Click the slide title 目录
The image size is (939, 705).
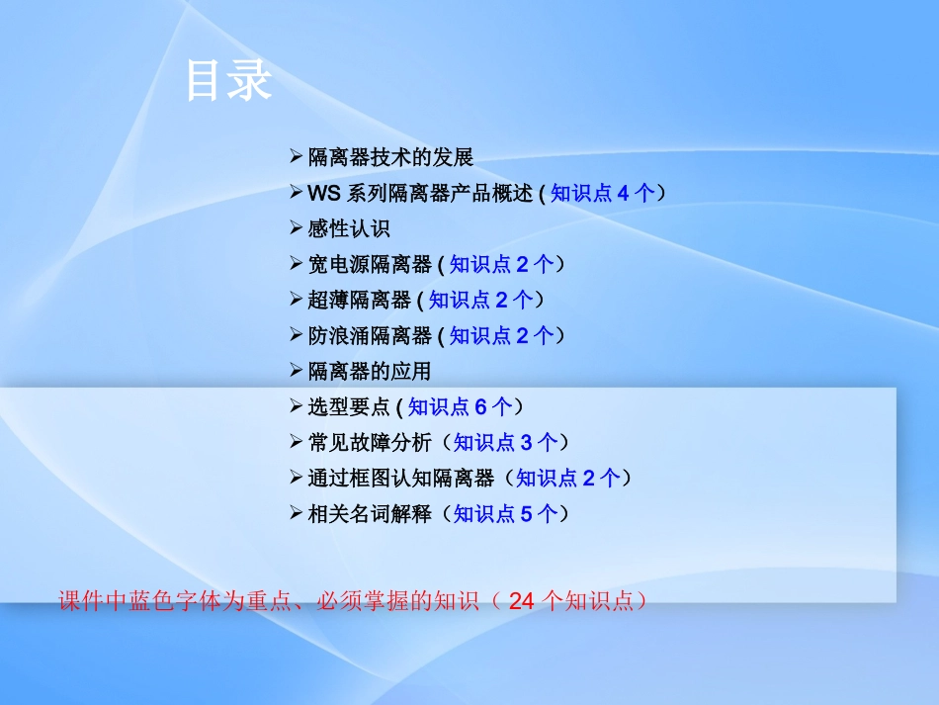(x=228, y=81)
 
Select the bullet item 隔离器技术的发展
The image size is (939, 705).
(x=390, y=157)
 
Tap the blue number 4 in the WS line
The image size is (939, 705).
(x=623, y=194)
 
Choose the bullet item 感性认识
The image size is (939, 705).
(x=349, y=229)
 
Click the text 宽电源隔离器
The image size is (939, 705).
(x=370, y=265)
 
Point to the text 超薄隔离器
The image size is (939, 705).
(x=359, y=301)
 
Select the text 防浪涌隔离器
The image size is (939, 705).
(x=370, y=336)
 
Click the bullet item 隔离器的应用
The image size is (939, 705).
(x=370, y=372)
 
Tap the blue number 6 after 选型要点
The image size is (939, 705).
(x=480, y=407)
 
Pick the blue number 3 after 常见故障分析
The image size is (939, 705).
(x=527, y=443)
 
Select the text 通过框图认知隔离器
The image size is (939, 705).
(x=400, y=479)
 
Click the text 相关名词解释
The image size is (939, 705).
(x=370, y=514)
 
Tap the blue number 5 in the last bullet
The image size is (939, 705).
(x=527, y=514)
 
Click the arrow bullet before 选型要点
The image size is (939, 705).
(x=296, y=405)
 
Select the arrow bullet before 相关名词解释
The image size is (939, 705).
(x=296, y=512)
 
